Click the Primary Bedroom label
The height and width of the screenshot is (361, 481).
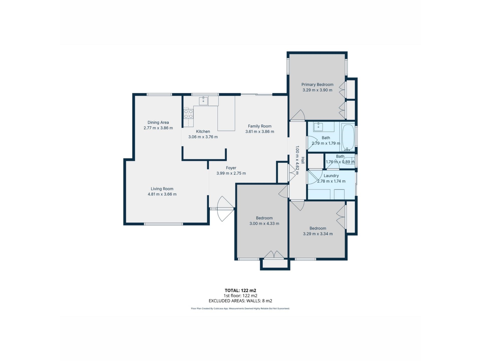coord(317,84)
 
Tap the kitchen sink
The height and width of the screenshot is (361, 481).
coord(203,101)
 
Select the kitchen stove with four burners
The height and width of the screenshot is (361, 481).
coord(188,114)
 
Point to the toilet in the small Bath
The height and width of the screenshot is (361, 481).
coord(349,161)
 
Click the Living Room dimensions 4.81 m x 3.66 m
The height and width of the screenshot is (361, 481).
coord(162,194)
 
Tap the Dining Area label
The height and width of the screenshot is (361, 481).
coord(158,122)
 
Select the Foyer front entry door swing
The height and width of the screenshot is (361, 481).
coord(225,209)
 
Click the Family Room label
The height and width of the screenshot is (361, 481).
coord(260,126)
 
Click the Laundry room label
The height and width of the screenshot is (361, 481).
coord(331,176)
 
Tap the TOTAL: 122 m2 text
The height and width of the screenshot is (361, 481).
coord(240,291)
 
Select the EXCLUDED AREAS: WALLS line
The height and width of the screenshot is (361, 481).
coord(240,301)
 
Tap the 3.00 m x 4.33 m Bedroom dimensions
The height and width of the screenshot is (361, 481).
coord(264,224)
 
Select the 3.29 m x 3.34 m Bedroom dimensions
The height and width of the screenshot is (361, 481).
coord(318,234)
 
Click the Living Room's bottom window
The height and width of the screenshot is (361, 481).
coord(163,224)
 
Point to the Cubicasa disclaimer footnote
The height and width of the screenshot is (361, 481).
coord(240,309)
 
